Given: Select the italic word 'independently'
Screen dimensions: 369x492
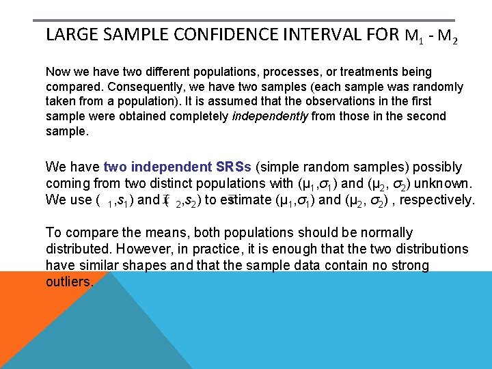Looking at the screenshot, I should coord(271,117).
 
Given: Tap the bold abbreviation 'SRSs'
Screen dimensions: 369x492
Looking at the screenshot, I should coord(233,167).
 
